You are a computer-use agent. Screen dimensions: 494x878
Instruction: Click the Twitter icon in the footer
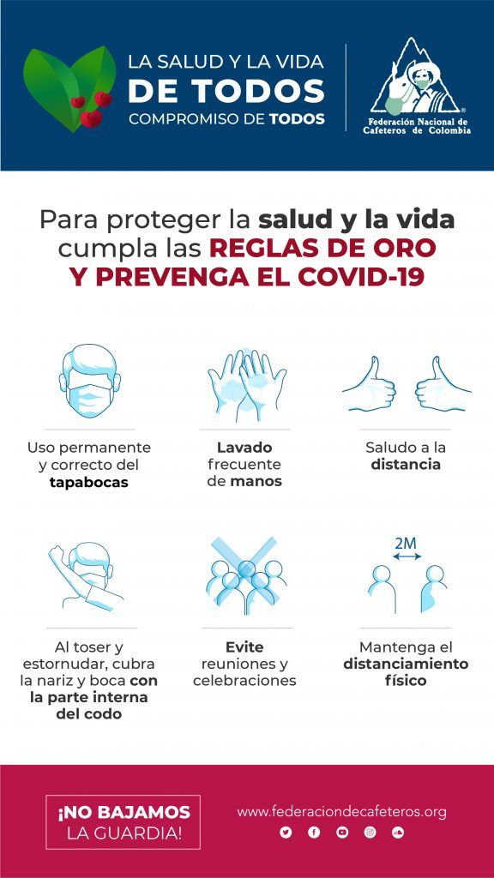click(x=286, y=833)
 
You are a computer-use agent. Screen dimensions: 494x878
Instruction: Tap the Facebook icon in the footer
click(x=314, y=833)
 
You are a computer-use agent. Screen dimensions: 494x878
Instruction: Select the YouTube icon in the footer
click(x=341, y=833)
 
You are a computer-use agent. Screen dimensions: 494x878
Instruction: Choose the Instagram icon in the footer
click(x=370, y=833)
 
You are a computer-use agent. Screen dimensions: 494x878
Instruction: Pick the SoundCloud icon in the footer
click(x=398, y=833)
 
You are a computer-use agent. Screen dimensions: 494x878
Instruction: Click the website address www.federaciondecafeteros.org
click(x=341, y=812)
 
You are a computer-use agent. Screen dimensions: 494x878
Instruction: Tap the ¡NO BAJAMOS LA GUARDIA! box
click(x=123, y=822)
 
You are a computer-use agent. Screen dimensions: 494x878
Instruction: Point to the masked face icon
click(x=89, y=381)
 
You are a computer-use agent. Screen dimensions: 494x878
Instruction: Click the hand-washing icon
click(x=246, y=385)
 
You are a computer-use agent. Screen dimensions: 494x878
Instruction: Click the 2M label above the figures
click(x=406, y=543)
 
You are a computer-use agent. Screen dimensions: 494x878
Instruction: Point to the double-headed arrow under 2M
click(x=407, y=556)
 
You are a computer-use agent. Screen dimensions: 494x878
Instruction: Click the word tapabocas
click(x=89, y=482)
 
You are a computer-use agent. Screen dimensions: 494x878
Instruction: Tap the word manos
click(x=256, y=481)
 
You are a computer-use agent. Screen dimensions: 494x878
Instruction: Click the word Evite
click(x=244, y=647)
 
